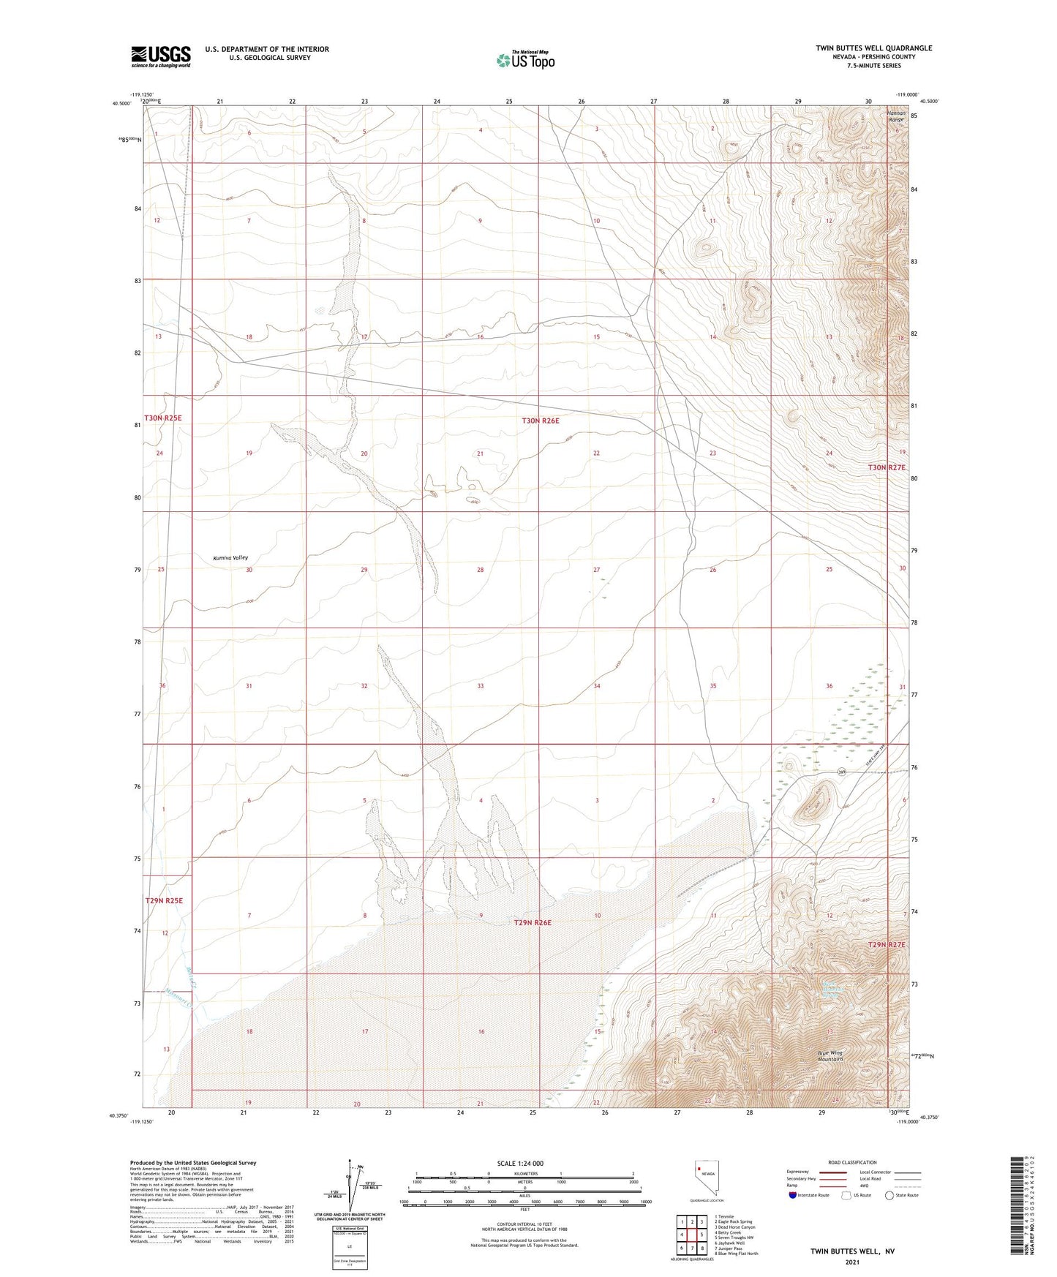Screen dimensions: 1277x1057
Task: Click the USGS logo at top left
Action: pos(161,56)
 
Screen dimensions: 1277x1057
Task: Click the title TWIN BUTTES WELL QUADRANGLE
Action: pos(873,48)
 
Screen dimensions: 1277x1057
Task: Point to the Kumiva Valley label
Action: pos(230,557)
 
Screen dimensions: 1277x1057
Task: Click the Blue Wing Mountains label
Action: pos(830,1055)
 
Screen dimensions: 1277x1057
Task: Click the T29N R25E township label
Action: pos(163,900)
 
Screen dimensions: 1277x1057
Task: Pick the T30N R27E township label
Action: pos(887,467)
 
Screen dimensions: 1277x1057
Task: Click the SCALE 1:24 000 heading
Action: pos(520,1163)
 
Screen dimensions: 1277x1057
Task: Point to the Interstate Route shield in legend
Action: pos(793,1195)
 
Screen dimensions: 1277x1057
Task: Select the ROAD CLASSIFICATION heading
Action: pos(853,1162)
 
